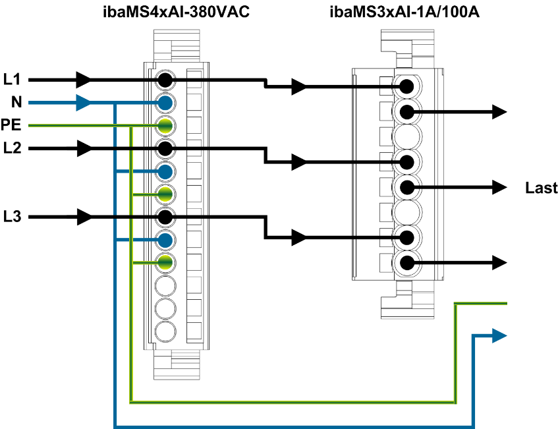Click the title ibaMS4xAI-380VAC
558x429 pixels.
coord(176,12)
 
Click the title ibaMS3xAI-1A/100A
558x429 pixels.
coord(404,12)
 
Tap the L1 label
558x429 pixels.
coord(12,80)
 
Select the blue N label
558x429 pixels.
coord(16,102)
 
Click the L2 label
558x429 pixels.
coord(12,148)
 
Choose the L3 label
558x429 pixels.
coord(12,216)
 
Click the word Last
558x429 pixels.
coord(541,188)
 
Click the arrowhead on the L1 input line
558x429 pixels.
coord(84,80)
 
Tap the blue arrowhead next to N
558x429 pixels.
coord(84,103)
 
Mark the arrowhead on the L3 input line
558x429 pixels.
coord(84,216)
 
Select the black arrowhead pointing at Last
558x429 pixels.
coord(500,188)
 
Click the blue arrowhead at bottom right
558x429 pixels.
coord(500,336)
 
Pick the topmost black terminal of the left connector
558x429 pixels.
coord(165,80)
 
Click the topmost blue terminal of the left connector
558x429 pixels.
coord(165,103)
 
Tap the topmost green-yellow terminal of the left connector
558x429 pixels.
coord(165,125)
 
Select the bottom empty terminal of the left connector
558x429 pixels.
coord(165,330)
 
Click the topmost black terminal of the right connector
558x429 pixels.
coord(407,86)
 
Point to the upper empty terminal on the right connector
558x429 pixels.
coord(407,136)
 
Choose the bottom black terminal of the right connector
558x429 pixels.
coord(407,263)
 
